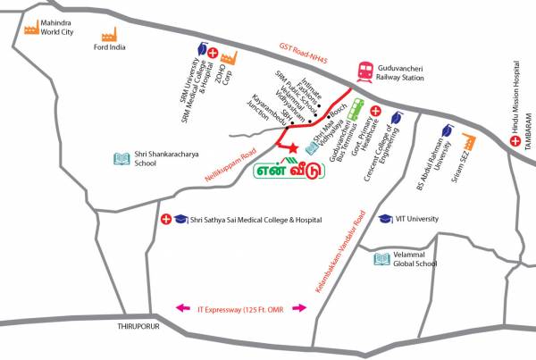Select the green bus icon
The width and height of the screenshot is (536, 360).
tap(355, 109)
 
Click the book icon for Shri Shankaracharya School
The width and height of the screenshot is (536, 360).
tap(120, 159)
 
